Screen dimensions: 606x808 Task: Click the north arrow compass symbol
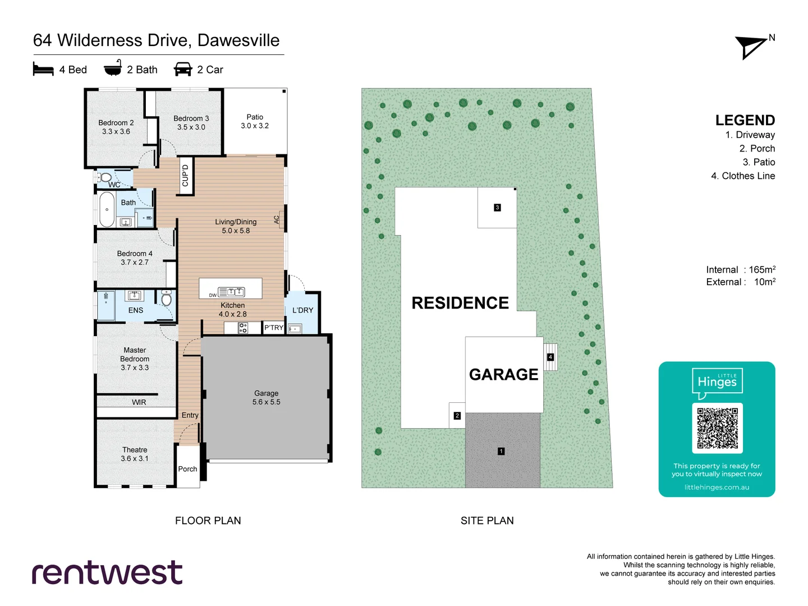[x=751, y=47]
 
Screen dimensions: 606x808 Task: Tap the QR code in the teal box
[x=717, y=428]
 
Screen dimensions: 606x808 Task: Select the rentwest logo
[x=107, y=572]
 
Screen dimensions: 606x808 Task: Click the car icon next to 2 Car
[x=183, y=69]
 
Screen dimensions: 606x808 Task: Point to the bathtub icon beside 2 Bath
[x=113, y=68]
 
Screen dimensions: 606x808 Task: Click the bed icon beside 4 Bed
[x=43, y=69]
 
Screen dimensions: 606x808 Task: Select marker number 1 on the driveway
[x=501, y=451]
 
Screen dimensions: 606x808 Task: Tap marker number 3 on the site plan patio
[x=497, y=208]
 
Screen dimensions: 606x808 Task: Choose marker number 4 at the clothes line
[x=550, y=357]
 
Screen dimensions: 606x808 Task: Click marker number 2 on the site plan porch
[x=457, y=416]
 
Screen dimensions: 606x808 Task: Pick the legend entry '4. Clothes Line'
[x=743, y=176]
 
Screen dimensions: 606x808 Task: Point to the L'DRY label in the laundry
[x=303, y=310]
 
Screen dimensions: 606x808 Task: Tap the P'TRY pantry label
[x=274, y=328]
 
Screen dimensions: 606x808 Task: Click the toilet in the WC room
[x=105, y=178]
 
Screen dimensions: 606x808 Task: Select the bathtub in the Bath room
[x=107, y=209]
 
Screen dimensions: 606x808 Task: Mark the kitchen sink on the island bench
[x=232, y=292]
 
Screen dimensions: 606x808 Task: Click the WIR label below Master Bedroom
[x=139, y=402]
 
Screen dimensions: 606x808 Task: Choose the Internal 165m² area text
[x=741, y=270]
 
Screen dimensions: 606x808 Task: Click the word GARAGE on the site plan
[x=503, y=374]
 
